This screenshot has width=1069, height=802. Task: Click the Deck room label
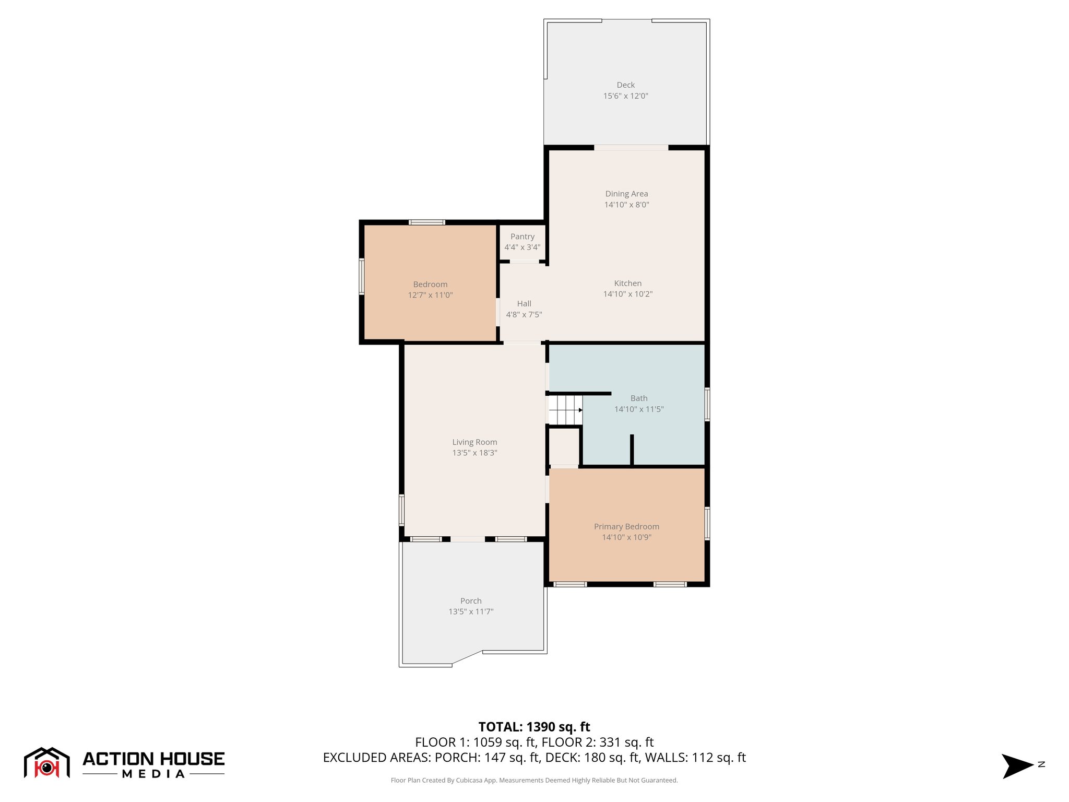click(625, 85)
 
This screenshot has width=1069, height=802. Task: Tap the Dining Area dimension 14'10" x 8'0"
click(626, 205)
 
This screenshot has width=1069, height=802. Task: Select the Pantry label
click(522, 237)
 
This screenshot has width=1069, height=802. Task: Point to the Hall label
click(524, 303)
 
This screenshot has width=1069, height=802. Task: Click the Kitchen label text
click(627, 283)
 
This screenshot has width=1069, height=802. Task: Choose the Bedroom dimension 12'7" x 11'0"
click(430, 295)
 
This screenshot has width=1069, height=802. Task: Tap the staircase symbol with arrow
click(565, 410)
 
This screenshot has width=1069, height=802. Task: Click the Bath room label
click(638, 398)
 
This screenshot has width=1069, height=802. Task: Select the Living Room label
click(474, 442)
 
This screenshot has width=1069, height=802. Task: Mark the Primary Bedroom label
click(626, 526)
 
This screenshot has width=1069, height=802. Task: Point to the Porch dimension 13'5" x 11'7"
click(471, 611)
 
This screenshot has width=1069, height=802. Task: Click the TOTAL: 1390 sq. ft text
click(534, 727)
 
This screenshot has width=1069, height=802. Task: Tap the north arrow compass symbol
click(1017, 766)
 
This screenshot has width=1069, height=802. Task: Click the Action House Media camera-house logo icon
click(46, 763)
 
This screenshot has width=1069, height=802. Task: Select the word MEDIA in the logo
click(153, 774)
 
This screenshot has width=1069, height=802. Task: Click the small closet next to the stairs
click(564, 446)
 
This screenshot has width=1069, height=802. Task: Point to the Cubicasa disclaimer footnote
click(534, 780)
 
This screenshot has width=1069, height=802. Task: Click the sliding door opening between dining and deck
click(631, 148)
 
